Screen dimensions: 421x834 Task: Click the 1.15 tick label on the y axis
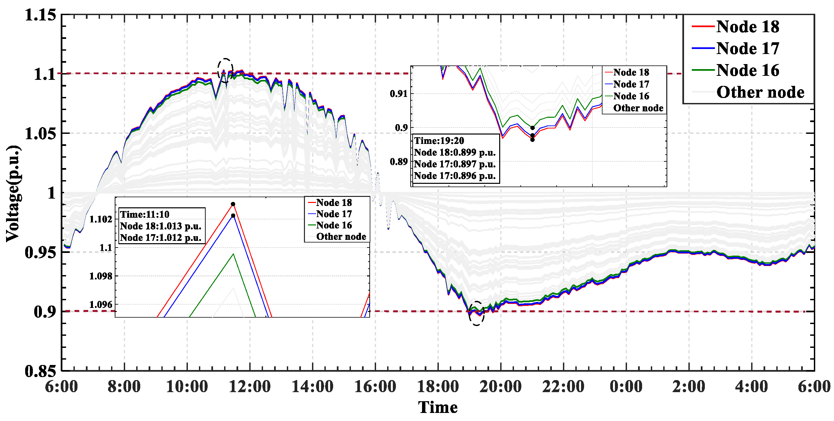(x=40, y=15)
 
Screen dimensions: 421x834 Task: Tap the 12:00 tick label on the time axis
(x=250, y=386)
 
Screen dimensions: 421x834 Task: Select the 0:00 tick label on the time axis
(x=626, y=386)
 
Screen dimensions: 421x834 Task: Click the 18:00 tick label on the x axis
(x=438, y=386)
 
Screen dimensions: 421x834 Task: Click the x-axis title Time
(x=438, y=407)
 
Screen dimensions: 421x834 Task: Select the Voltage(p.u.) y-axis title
(x=13, y=194)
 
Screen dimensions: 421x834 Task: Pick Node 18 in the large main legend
(x=747, y=27)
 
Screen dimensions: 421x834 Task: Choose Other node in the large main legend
(x=760, y=92)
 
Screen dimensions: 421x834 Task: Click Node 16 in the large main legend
(x=747, y=70)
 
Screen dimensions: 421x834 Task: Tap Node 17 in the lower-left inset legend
(x=334, y=214)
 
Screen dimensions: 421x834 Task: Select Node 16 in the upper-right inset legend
(x=631, y=96)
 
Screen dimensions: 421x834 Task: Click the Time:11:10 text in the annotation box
(x=145, y=214)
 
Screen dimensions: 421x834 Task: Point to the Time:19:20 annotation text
(x=439, y=141)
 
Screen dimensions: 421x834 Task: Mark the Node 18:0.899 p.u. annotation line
(x=455, y=152)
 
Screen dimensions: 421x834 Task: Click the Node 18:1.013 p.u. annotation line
(x=161, y=226)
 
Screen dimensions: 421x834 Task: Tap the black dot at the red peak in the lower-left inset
(x=233, y=204)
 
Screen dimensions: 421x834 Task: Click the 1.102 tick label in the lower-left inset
(x=101, y=219)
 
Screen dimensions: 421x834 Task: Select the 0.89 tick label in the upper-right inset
(x=399, y=162)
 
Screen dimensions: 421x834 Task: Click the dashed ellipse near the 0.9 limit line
(x=476, y=313)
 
